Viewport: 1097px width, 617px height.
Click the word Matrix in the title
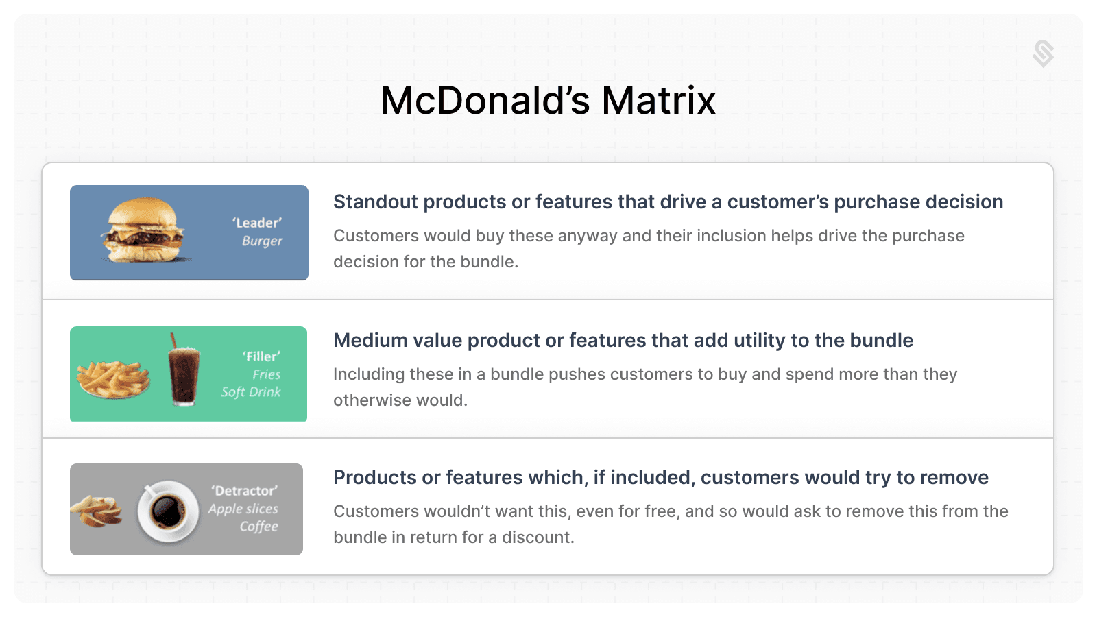[658, 101]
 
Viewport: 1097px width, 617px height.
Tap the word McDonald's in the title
[485, 101]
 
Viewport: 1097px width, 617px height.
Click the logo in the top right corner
[1043, 54]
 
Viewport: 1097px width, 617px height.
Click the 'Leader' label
[257, 223]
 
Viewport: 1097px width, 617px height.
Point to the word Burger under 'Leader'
[262, 241]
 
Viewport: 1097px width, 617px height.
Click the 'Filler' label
[261, 356]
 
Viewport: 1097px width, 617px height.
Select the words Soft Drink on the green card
[251, 392]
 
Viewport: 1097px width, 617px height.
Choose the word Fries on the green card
[267, 374]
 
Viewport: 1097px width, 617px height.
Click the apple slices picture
[97, 511]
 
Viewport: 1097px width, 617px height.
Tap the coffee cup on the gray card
[167, 511]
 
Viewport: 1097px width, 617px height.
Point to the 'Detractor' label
[244, 491]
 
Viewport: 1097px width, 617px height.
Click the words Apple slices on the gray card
[243, 509]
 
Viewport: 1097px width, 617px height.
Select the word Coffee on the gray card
[258, 527]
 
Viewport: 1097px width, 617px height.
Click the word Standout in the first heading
[376, 202]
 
